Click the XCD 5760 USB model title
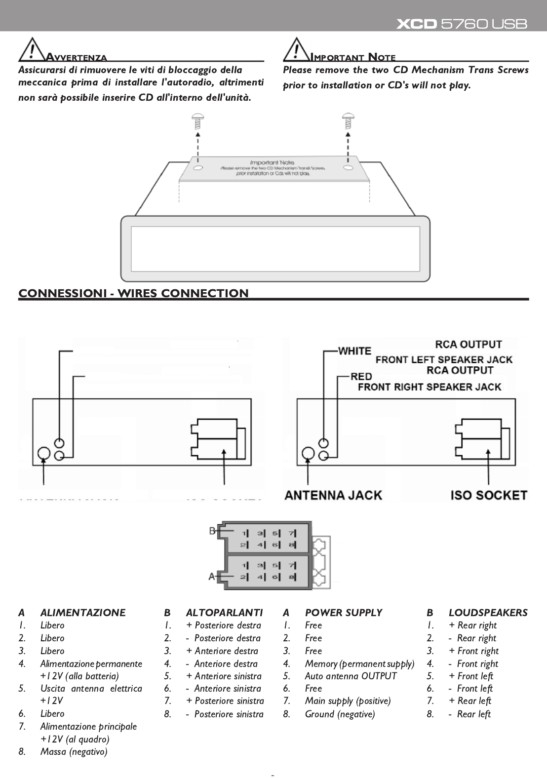point(462,24)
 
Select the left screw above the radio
point(198,119)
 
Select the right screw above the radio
point(348,119)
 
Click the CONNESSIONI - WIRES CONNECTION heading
point(133,293)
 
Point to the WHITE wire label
point(354,351)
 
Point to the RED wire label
point(361,377)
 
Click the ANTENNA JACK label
point(333,495)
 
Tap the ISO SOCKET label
point(489,495)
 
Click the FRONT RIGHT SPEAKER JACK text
point(430,387)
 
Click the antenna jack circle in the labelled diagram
point(309,454)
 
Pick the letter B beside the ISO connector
point(212,531)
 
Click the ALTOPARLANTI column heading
point(224,613)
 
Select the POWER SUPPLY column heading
point(343,613)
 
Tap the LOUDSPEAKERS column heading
point(488,613)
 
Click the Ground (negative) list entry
point(340,714)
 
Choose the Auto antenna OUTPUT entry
point(351,676)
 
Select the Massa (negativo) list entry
point(74,752)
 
